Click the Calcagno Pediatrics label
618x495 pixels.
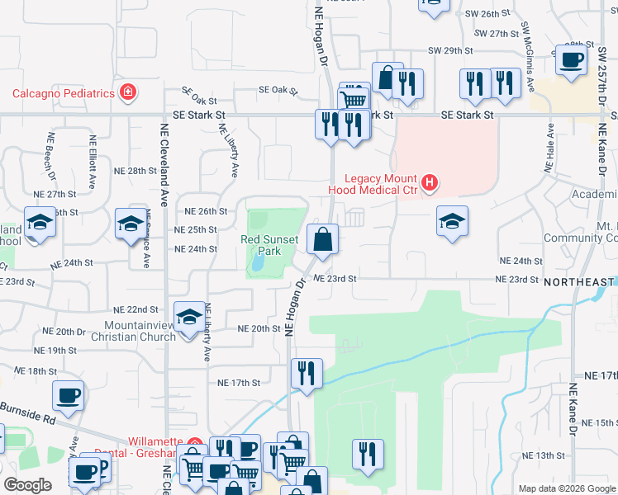[x=62, y=92]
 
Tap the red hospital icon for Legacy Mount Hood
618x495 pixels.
[x=429, y=181]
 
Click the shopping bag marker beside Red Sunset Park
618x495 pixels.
[x=322, y=239]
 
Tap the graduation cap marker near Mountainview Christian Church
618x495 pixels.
[x=189, y=318]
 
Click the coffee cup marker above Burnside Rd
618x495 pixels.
[x=68, y=395]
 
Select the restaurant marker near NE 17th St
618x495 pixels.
[x=306, y=372]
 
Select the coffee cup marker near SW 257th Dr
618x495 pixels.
[x=571, y=59]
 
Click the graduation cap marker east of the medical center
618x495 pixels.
[x=452, y=221]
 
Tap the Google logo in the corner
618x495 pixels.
[x=26, y=485]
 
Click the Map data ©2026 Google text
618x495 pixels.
[x=566, y=488]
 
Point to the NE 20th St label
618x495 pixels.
[x=259, y=328]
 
